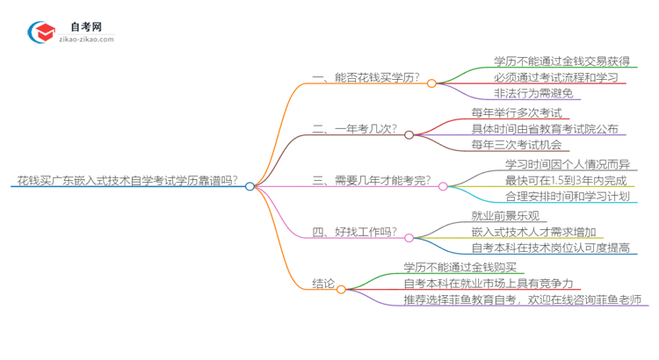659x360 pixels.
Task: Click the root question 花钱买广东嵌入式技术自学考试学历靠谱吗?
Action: pyautogui.click(x=126, y=181)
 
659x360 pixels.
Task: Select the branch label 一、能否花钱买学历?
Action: pyautogui.click(x=367, y=78)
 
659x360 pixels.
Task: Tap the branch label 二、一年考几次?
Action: pyautogui.click(x=355, y=129)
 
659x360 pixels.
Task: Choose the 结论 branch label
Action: pyautogui.click(x=323, y=283)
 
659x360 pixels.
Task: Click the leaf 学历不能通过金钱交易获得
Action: pyautogui.click(x=550, y=61)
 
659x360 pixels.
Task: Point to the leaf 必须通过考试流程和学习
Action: pyautogui.click(x=543, y=77)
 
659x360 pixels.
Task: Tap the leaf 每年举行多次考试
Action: pyautogui.click(x=509, y=112)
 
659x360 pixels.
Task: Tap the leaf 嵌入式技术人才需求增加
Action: pyautogui.click(x=535, y=232)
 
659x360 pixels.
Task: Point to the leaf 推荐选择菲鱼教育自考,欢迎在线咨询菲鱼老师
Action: pyautogui.click(x=523, y=300)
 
